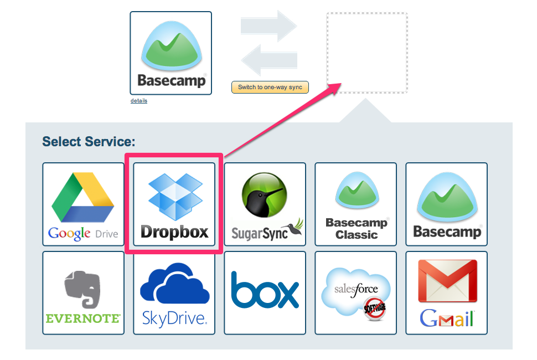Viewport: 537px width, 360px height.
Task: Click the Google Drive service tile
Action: tap(83, 204)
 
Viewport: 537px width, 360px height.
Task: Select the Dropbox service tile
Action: tap(174, 204)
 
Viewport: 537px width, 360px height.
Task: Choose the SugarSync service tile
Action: tap(265, 204)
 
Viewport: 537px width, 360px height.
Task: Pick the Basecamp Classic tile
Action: tap(355, 204)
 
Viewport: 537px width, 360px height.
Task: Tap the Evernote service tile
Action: tap(83, 292)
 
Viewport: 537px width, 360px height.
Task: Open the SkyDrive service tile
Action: tap(174, 292)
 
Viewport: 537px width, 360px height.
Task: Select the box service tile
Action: tap(265, 292)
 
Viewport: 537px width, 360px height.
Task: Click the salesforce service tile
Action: tap(355, 292)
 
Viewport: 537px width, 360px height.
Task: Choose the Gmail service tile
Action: tap(446, 292)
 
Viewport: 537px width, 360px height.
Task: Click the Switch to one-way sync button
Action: tap(270, 88)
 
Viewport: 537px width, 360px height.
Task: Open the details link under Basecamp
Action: tap(139, 101)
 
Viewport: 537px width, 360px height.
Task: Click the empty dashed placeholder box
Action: tap(366, 53)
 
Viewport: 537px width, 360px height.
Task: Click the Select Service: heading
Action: tap(89, 142)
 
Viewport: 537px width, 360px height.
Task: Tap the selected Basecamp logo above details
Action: tap(171, 53)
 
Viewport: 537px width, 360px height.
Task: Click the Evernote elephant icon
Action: tap(82, 288)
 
